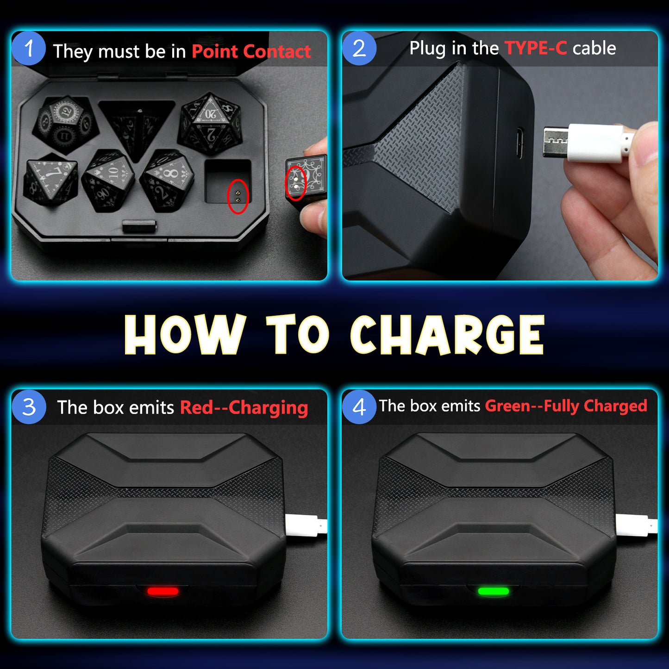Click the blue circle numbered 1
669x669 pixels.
tap(28, 48)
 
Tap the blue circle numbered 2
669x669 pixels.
tap(359, 48)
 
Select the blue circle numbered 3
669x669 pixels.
tap(29, 406)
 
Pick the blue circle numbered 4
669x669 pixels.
tap(359, 406)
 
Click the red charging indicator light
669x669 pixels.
tap(163, 591)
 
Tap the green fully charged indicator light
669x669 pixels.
tap(494, 591)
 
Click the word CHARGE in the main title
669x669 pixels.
tap(447, 335)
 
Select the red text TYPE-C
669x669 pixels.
tap(536, 48)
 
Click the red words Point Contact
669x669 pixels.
tap(251, 51)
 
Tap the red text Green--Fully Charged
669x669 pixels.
tap(566, 406)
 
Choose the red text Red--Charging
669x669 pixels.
tap(244, 407)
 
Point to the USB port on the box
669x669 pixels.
tap(519, 143)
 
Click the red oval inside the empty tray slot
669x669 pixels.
tap(238, 197)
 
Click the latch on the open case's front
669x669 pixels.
tap(139, 225)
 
